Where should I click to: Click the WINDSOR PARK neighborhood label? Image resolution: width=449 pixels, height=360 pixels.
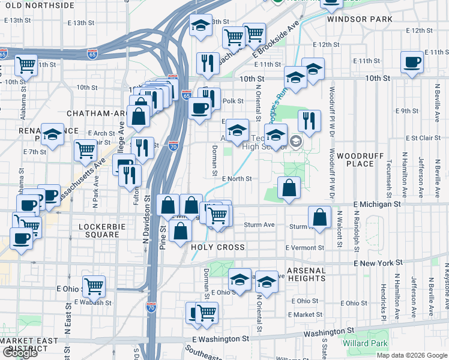360,19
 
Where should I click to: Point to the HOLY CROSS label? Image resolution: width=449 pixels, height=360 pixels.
217,247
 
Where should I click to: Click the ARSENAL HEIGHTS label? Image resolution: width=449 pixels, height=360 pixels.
306,274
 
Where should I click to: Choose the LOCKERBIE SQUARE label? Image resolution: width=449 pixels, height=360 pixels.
99,230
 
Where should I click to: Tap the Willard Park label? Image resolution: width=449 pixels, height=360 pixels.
363,344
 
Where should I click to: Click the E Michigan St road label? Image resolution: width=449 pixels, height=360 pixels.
377,205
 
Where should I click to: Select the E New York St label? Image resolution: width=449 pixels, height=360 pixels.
378,263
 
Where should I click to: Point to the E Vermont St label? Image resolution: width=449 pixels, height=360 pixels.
305,248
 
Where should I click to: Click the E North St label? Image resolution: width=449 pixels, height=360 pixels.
236,179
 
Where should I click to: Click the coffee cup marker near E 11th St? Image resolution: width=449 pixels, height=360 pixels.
412,62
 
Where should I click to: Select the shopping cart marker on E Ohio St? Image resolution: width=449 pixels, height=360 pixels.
94,286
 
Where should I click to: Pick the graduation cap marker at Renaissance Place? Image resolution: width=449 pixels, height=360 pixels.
53,135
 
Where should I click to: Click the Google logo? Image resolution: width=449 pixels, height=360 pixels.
20,353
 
